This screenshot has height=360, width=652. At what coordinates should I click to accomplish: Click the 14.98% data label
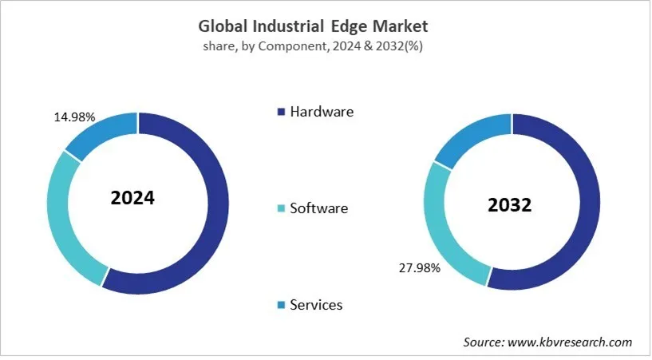click(x=74, y=117)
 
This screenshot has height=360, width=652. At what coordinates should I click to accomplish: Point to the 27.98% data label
click(x=419, y=268)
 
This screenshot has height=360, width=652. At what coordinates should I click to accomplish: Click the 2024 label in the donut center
click(x=132, y=198)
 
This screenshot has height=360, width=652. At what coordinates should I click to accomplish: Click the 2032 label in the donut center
click(x=509, y=205)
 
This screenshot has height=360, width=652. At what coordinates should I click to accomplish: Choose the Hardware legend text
click(x=322, y=112)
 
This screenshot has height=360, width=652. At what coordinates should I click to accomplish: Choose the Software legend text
click(x=319, y=208)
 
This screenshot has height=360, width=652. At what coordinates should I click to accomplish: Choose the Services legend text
click(x=316, y=305)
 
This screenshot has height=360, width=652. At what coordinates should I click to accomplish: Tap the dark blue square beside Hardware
click(x=281, y=112)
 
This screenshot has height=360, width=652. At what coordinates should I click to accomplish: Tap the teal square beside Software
click(x=281, y=209)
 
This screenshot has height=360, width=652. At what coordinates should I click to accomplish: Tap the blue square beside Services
click(x=281, y=305)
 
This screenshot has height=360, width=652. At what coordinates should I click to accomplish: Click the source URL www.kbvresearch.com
click(x=570, y=342)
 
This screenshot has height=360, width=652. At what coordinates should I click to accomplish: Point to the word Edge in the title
click(x=358, y=26)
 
